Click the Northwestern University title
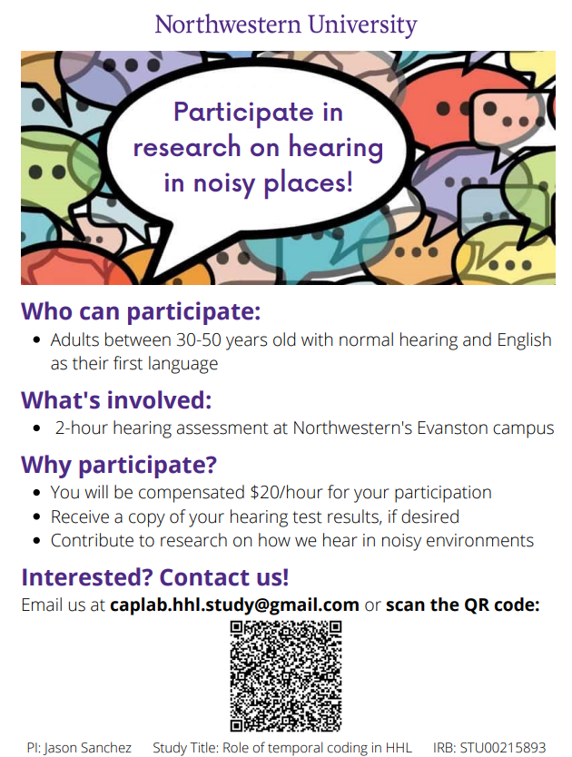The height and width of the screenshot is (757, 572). click(x=285, y=25)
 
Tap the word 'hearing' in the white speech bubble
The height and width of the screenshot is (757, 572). click(x=336, y=148)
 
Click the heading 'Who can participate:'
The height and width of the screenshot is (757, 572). click(x=141, y=312)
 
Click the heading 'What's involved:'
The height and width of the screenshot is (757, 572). click(x=116, y=400)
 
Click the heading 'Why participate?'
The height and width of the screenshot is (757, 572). click(x=119, y=465)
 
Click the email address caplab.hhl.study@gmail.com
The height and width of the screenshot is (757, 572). click(x=234, y=605)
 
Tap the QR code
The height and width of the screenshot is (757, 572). click(x=285, y=676)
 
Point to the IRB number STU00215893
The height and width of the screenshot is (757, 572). click(x=502, y=748)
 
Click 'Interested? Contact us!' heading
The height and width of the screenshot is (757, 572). click(x=155, y=577)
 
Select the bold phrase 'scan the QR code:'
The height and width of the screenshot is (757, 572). click(x=462, y=605)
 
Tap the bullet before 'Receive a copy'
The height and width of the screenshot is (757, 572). click(x=36, y=517)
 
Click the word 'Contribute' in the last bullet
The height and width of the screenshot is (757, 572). click(x=92, y=540)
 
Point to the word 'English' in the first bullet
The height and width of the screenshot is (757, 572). click(x=524, y=340)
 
